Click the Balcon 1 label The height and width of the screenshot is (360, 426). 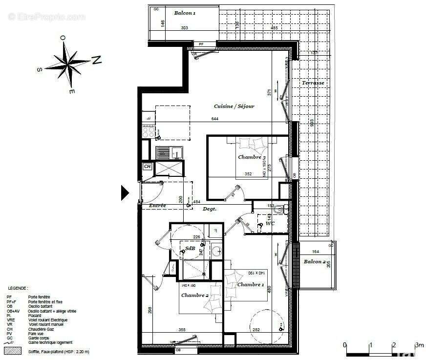[185, 13]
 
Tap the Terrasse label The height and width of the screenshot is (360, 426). [313, 83]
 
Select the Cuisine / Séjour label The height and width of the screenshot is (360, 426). [234, 106]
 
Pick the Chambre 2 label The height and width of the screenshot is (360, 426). [194, 296]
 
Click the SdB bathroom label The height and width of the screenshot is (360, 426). [190, 249]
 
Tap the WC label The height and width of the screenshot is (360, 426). [270, 224]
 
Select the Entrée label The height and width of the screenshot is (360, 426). [157, 206]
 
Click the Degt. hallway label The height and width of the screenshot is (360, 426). [210, 209]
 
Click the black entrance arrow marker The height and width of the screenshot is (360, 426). [125, 193]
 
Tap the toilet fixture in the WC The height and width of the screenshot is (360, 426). [278, 210]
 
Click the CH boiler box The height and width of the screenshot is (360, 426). [147, 167]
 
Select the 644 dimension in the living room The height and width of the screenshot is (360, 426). [214, 119]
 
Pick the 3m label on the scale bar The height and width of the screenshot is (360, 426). [419, 345]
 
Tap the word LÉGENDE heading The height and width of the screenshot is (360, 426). [17, 289]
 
